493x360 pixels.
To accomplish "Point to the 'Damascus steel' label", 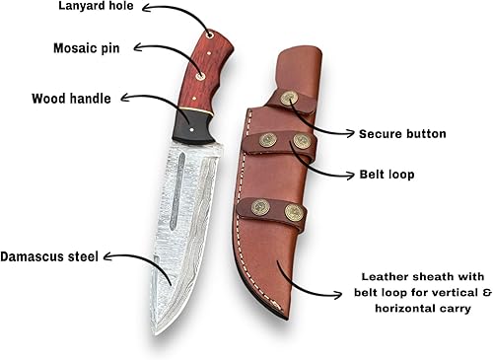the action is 48,254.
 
